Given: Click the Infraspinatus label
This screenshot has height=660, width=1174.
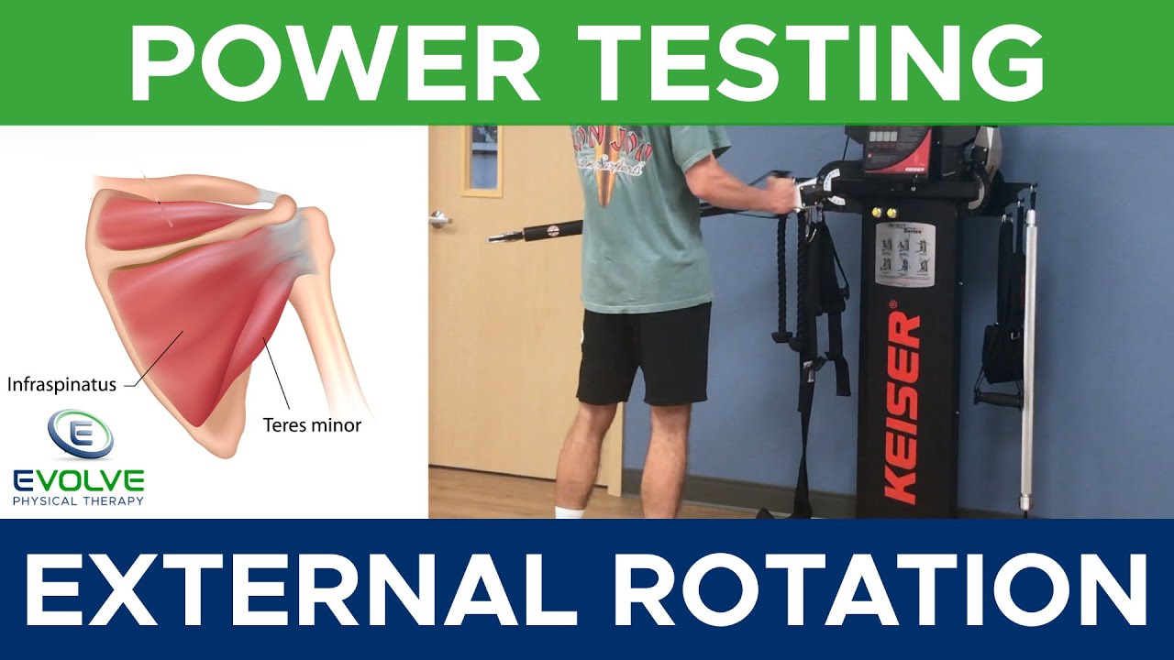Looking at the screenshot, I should pos(61,385).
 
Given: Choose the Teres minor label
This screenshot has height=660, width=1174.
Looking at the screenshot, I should pos(312,425).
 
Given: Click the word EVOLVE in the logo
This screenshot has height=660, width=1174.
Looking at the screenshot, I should pos(79,480).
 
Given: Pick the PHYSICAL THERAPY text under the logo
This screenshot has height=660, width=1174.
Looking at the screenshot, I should pos(79,500).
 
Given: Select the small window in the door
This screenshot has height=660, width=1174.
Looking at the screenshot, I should pos(482,159).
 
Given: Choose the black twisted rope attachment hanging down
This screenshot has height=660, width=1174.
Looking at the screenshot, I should pos(785,275).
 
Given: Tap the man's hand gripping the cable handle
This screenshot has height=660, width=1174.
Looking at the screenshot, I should pos(784,195).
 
